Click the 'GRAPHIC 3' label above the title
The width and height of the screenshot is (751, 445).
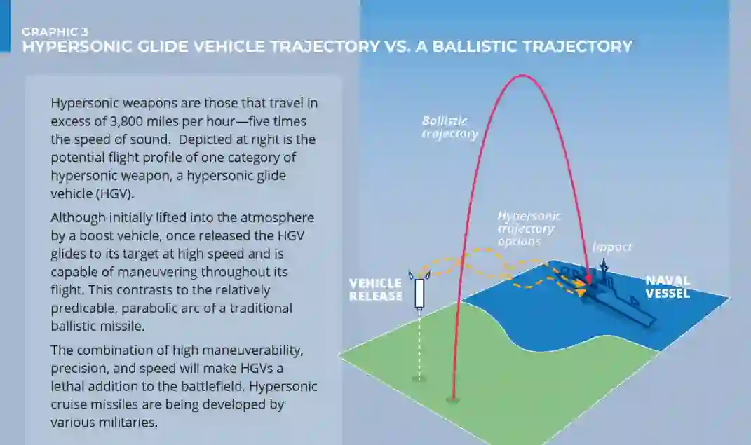pyautogui.click(x=55, y=31)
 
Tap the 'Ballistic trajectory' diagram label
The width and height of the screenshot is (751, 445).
pyautogui.click(x=449, y=127)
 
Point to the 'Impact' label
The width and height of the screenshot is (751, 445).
pyautogui.click(x=612, y=247)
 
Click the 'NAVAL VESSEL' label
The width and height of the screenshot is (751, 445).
pyautogui.click(x=668, y=287)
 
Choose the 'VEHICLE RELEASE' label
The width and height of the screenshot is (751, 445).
pyautogui.click(x=376, y=289)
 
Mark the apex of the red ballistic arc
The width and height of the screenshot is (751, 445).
pyautogui.click(x=521, y=75)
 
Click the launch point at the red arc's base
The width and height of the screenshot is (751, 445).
pyautogui.click(x=452, y=400)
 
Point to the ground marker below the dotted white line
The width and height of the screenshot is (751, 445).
pyautogui.click(x=419, y=378)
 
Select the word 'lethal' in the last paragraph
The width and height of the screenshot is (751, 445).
pyautogui.click(x=68, y=386)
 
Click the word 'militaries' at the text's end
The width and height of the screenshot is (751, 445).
pyautogui.click(x=121, y=423)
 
